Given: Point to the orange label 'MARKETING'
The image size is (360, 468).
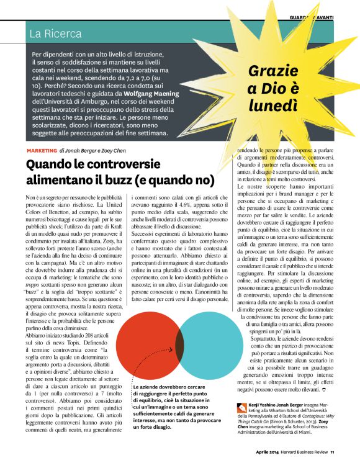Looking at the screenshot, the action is pyautogui.click(x=42, y=150).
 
